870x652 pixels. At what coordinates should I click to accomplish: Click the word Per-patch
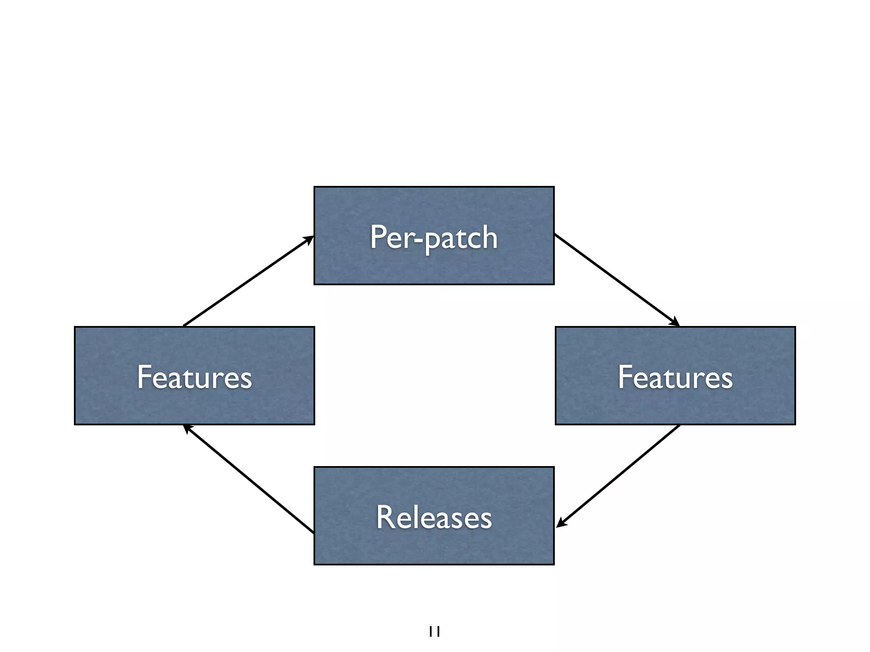[x=434, y=238]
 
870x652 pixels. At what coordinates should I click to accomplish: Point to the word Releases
[x=434, y=517]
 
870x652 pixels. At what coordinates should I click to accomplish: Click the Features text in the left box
[x=194, y=377]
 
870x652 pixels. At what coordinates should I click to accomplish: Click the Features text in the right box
[x=675, y=377]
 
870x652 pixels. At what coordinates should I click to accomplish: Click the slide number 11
[x=434, y=632]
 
